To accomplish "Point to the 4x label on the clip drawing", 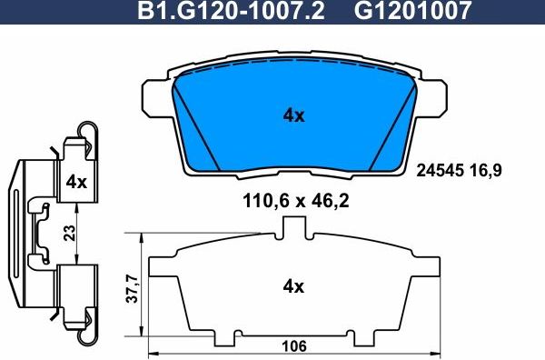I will click(76, 181).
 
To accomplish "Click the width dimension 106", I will click(292, 346).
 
